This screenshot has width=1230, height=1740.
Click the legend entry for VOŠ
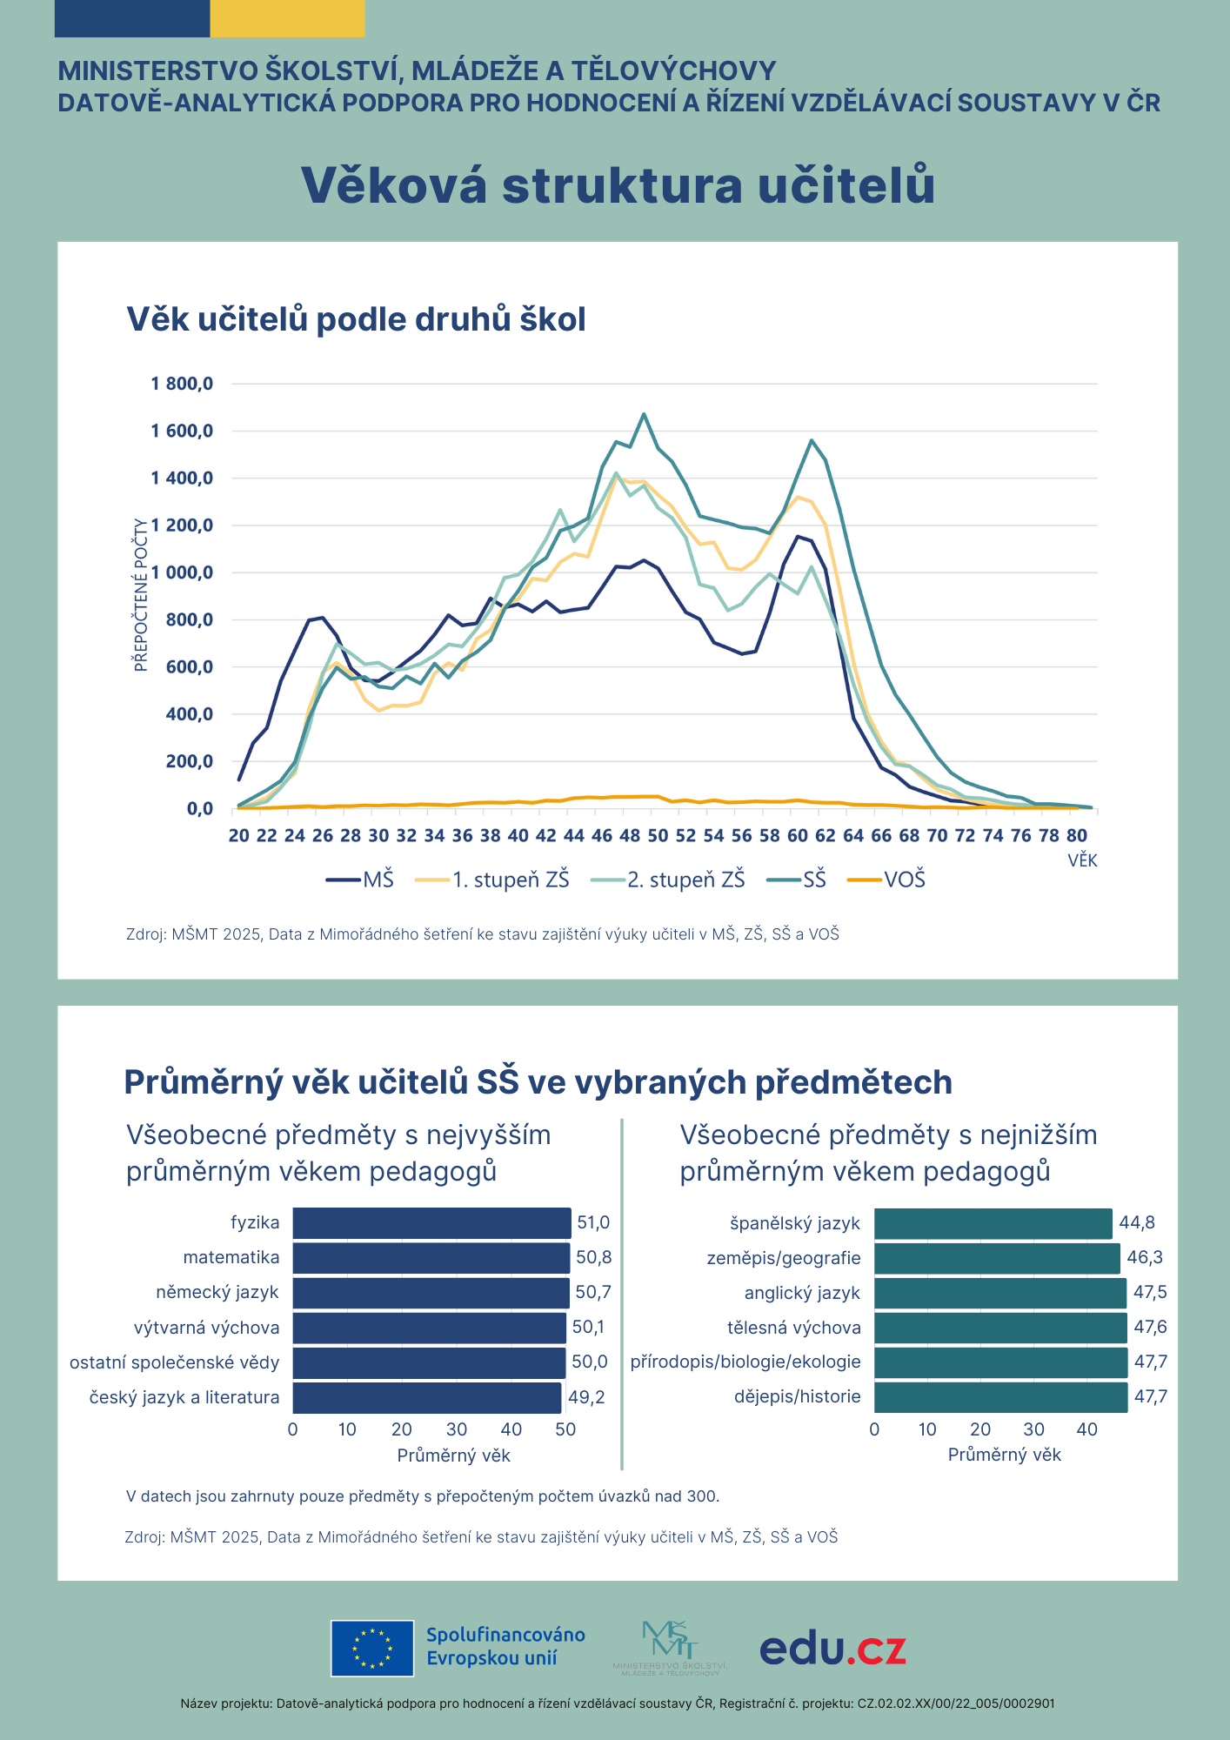(887, 880)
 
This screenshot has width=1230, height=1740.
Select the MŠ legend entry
(360, 880)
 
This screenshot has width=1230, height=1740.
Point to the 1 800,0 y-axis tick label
(182, 384)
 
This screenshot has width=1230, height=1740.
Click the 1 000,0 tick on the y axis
(182, 572)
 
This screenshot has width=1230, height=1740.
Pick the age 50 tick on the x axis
(658, 835)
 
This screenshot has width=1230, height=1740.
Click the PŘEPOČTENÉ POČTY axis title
(141, 595)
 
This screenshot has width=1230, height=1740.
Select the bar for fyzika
(431, 1223)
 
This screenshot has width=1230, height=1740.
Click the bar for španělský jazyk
(993, 1223)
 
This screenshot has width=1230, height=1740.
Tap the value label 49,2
(586, 1397)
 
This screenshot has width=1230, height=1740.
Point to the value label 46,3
(1145, 1258)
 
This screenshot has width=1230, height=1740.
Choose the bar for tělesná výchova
(1000, 1328)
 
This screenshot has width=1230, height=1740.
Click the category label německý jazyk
(217, 1293)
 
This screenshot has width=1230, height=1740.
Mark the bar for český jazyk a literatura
(426, 1397)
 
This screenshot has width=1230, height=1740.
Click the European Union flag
(372, 1648)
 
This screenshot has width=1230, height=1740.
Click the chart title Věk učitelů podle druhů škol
(356, 319)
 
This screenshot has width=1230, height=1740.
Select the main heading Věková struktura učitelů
(618, 184)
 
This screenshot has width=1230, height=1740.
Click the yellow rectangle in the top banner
(287, 18)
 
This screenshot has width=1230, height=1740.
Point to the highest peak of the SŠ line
(644, 414)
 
